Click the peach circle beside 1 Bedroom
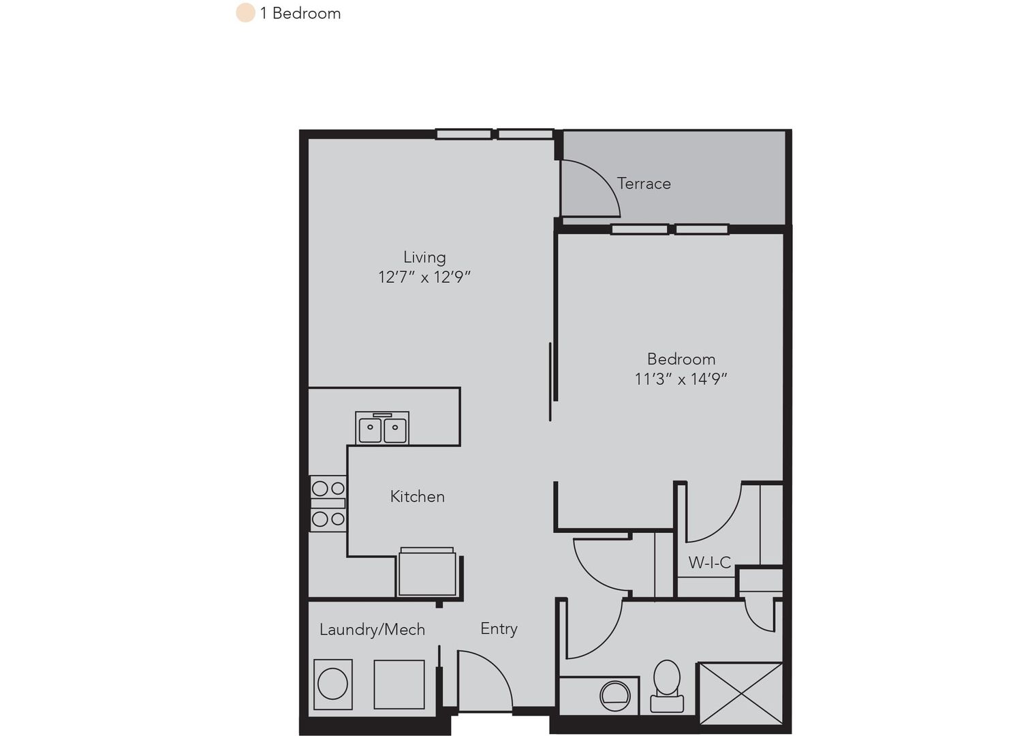tap(245, 12)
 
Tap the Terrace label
tap(644, 183)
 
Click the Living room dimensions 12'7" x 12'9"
tap(424, 277)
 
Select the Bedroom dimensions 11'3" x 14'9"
tap(681, 379)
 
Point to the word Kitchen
tap(417, 497)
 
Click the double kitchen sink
tap(382, 428)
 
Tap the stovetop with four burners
tap(328, 504)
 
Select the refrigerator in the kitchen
tap(427, 572)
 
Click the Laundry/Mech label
tap(372, 629)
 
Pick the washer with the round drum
tap(333, 684)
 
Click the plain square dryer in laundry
tap(399, 684)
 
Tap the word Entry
tap(499, 628)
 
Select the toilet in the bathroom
tap(667, 686)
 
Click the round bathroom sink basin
tap(614, 696)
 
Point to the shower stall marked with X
tap(740, 693)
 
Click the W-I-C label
tap(710, 562)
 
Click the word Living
tap(424, 257)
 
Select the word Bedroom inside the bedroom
tap(681, 358)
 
